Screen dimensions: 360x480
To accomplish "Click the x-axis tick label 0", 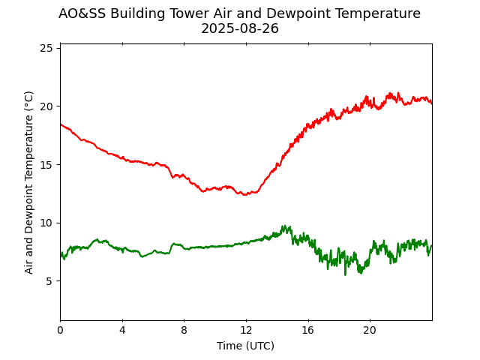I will coord(60,331).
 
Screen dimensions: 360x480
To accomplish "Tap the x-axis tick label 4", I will coord(122,331).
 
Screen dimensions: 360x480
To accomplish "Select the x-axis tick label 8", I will coord(184,331).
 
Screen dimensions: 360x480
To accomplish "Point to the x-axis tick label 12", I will coord(246,331).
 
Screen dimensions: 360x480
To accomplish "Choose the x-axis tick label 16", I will coord(307,331).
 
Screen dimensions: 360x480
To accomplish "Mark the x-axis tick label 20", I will coord(370,331).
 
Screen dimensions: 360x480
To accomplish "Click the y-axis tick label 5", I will coord(49,281).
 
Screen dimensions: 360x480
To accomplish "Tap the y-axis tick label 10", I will coord(46,223).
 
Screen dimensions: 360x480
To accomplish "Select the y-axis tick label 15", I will coord(46,164).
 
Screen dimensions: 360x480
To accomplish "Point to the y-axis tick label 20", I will coord(46,106).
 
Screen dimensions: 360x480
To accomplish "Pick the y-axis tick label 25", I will coord(46,48).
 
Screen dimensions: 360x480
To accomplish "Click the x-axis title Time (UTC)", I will coord(246,346).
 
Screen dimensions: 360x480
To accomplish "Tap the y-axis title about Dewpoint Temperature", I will coord(29,182).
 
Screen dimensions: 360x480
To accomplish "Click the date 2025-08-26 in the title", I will coord(240,28).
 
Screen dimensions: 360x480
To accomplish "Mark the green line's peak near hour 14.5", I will coord(284,226).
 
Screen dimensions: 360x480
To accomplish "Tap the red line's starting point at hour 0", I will coord(60,124).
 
